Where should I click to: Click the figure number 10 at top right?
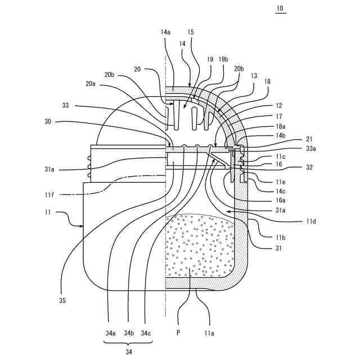tap(281, 10)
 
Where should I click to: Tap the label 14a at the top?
tap(165, 33)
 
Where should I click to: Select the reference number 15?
tap(191, 33)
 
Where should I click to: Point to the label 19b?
tap(223, 58)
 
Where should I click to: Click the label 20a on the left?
tap(91, 83)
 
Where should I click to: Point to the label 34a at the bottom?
tap(110, 333)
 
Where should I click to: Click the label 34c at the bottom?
tap(146, 333)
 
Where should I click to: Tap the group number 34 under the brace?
tap(128, 352)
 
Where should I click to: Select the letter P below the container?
tap(178, 333)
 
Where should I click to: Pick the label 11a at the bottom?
tap(209, 333)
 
